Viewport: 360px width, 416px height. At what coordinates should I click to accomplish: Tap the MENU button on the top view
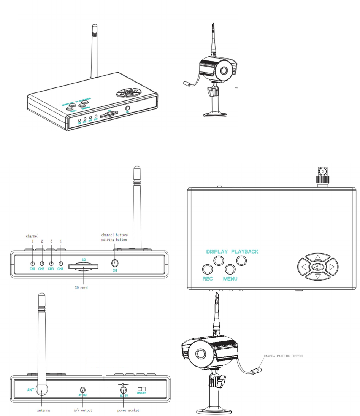click(230, 268)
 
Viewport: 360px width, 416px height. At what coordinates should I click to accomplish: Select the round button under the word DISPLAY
click(218, 260)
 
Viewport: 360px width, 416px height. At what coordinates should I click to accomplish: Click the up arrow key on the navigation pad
click(318, 257)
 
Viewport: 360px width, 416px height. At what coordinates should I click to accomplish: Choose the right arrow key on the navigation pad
click(331, 267)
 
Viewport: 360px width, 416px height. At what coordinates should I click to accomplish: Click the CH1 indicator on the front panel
click(33, 263)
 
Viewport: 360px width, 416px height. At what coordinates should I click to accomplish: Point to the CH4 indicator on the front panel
click(60, 263)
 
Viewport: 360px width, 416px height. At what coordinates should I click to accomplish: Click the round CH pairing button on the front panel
click(114, 263)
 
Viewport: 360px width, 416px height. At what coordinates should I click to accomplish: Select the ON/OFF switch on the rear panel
click(142, 389)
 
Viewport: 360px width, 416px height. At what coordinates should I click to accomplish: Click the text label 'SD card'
click(81, 288)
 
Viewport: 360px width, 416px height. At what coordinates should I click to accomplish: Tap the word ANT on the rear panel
click(31, 389)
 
